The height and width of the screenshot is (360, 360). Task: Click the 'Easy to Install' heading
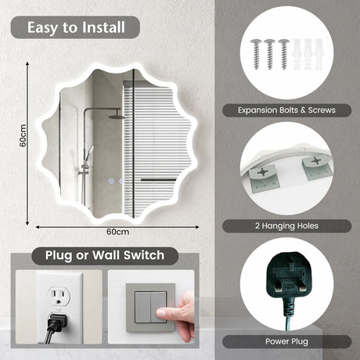pos(76,27)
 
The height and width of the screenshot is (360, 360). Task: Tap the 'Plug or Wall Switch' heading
pos(105,255)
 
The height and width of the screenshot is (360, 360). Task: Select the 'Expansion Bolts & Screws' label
pos(286,110)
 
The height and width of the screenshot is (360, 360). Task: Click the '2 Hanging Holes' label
pos(286,225)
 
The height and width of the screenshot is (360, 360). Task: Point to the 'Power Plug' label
pos(286,341)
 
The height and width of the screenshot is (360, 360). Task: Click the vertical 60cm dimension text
pos(23,135)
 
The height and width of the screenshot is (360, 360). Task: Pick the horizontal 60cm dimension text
pos(117,232)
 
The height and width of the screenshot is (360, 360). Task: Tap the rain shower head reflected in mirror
pos(117,117)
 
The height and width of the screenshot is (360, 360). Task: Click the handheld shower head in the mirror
pos(89,151)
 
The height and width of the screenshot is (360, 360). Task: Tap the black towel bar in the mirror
pos(158,180)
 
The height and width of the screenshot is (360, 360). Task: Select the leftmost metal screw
pos(256,54)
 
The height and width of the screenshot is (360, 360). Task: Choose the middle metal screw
pos(270,54)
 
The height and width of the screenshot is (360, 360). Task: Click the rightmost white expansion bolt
pos(319,55)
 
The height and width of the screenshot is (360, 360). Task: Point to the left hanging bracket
pos(263,178)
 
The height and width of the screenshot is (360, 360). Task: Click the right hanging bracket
pos(317,167)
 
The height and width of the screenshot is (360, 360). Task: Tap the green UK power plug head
pos(289,276)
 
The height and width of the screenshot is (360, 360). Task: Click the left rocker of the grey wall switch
pos(142,307)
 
